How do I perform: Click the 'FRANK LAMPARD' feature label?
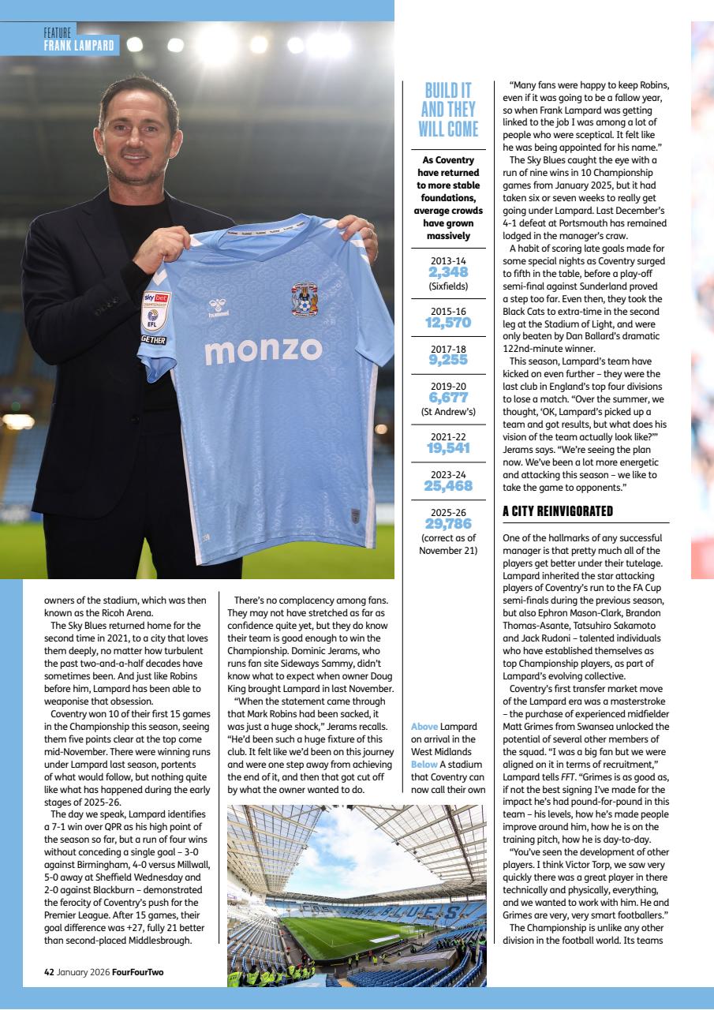(x=80, y=46)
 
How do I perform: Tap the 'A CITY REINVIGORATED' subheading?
(x=558, y=511)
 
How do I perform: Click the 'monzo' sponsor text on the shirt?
(x=263, y=350)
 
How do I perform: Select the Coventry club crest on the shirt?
(x=305, y=300)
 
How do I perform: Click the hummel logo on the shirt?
(x=219, y=308)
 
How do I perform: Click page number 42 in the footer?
(x=49, y=971)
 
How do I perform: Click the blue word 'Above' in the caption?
(x=424, y=726)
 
